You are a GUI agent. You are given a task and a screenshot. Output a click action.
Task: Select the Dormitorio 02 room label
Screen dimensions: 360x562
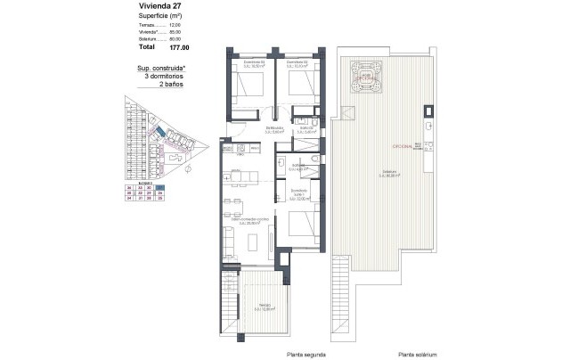298,63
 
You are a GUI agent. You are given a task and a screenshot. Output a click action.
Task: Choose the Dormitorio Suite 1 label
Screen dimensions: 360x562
300,192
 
